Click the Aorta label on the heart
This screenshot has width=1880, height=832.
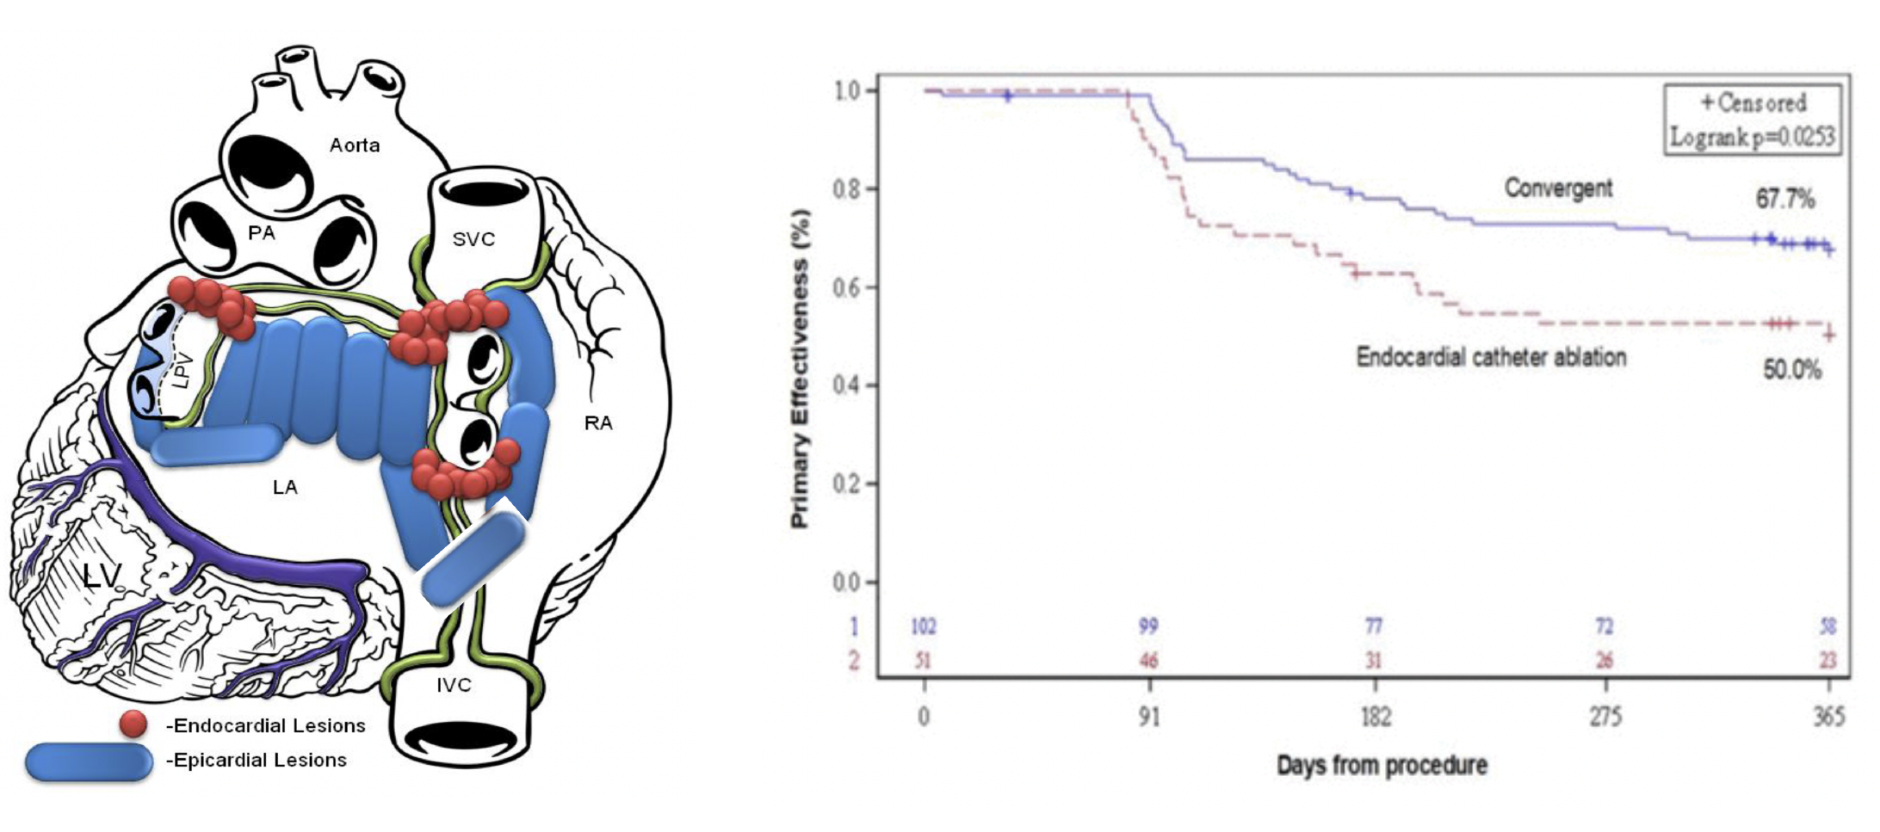354,145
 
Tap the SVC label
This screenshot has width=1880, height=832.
473,239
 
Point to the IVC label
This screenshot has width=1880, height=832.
454,685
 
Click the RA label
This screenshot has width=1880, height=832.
598,423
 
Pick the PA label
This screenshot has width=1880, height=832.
262,233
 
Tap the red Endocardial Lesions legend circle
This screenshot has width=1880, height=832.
133,724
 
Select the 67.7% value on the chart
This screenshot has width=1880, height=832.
1785,200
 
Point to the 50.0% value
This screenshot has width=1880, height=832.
1792,371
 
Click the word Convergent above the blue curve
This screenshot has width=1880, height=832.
1558,188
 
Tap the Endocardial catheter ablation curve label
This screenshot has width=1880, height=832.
1491,357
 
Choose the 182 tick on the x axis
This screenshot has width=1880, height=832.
1375,717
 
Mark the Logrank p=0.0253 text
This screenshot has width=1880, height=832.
1752,137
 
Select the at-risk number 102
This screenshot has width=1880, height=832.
923,626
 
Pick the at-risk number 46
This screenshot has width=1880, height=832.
1148,661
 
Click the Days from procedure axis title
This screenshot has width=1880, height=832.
1382,765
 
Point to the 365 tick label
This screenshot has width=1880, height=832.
1828,717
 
